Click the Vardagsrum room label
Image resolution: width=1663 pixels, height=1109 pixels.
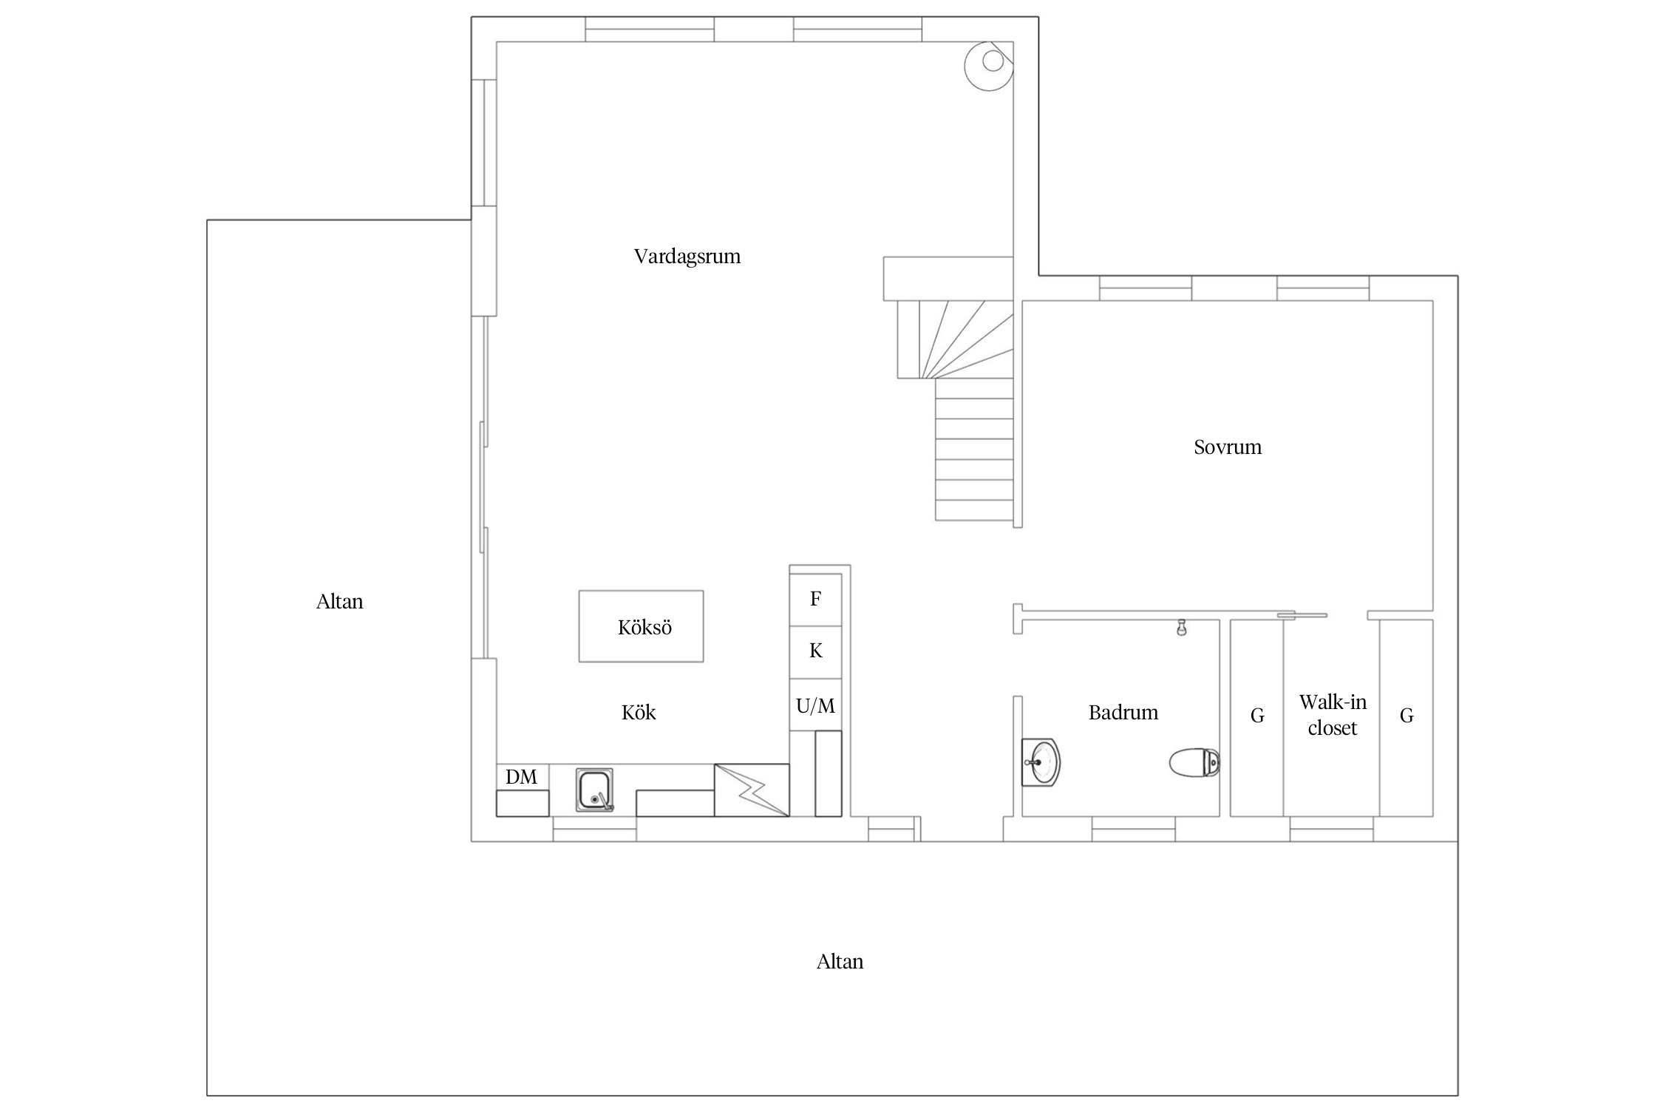click(687, 257)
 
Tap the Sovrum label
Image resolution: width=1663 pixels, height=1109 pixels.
click(1228, 447)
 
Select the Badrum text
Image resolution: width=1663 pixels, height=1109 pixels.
click(1123, 713)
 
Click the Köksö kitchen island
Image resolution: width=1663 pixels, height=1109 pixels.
click(641, 626)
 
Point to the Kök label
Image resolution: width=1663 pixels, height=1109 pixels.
click(639, 712)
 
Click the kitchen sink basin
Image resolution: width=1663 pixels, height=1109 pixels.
click(595, 790)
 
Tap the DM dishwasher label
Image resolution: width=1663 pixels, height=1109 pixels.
click(521, 777)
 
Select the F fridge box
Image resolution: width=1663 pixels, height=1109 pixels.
click(816, 600)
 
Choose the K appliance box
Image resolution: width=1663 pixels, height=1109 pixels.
click(816, 652)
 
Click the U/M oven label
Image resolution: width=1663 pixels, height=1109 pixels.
click(816, 706)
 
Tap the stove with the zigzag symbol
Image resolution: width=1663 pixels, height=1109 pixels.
click(752, 790)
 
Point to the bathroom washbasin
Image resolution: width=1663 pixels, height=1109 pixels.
click(1041, 762)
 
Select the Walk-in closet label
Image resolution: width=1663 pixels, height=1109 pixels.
click(1333, 715)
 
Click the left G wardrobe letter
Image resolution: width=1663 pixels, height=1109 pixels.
click(1257, 716)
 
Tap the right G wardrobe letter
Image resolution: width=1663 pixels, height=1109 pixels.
click(1407, 716)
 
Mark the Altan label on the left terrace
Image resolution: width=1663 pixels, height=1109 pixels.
click(340, 602)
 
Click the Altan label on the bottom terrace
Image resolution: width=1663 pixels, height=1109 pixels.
click(840, 962)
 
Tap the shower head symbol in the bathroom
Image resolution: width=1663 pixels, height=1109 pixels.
click(1182, 628)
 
